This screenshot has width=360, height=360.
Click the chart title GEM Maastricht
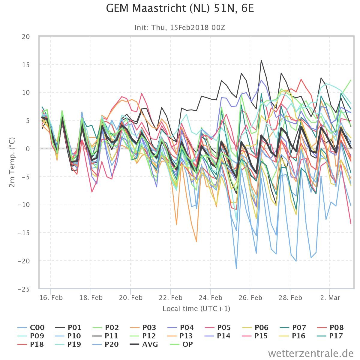pyautogui.click(x=180, y=8)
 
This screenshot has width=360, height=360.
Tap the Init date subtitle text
pyautogui.click(x=180, y=28)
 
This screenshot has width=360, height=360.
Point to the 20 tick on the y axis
pyautogui.click(x=26, y=37)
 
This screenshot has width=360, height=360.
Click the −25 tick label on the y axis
pyautogui.click(x=24, y=289)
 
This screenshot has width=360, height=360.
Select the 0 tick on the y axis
pyautogui.click(x=28, y=149)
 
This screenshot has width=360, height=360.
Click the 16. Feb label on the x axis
pyautogui.click(x=51, y=298)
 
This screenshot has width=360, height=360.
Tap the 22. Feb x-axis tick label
pyautogui.click(x=171, y=298)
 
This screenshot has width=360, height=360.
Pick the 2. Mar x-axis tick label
pyautogui.click(x=330, y=298)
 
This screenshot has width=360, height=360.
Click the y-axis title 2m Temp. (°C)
pyautogui.click(x=12, y=162)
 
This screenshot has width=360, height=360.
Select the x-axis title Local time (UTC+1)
pyautogui.click(x=196, y=309)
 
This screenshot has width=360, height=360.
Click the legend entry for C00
pyautogui.click(x=31, y=328)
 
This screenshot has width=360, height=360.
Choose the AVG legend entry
pyautogui.click(x=144, y=344)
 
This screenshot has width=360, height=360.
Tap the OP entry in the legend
pyautogui.click(x=181, y=344)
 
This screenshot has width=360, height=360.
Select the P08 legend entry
pyautogui.click(x=331, y=328)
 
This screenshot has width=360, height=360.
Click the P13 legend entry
pyautogui.click(x=181, y=336)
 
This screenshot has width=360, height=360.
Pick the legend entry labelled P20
pyautogui.click(x=106, y=344)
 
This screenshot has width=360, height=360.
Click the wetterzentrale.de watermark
pyautogui.click(x=311, y=353)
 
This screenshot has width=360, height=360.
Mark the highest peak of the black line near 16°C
pyautogui.click(x=261, y=60)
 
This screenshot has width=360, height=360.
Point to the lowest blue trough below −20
pyautogui.click(x=236, y=268)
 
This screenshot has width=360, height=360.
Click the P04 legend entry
pyautogui.click(x=181, y=328)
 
